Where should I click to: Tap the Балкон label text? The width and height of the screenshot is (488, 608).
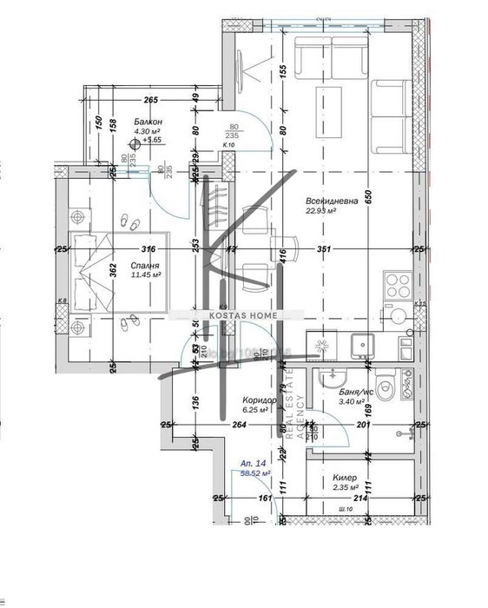tap(135, 122)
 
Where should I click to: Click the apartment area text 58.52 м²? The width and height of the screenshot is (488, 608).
tap(256, 473)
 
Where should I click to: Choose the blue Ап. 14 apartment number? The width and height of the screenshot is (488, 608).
tap(255, 463)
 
